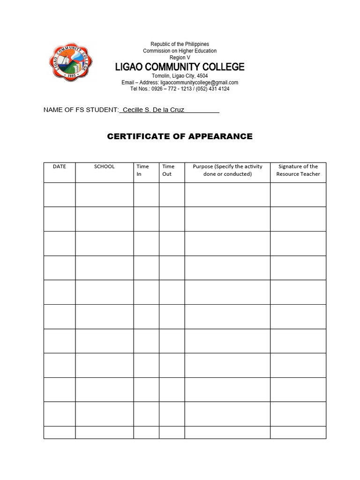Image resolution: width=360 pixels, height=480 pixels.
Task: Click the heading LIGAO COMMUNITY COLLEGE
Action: pyautogui.click(x=180, y=67)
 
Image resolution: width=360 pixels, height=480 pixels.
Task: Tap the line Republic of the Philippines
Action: pyautogui.click(x=180, y=44)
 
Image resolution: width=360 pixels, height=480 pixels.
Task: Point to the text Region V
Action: pyautogui.click(x=180, y=57)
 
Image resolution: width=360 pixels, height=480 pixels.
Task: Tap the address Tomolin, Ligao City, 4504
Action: pyautogui.click(x=180, y=76)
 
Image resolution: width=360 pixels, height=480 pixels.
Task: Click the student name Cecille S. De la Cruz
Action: pyautogui.click(x=153, y=110)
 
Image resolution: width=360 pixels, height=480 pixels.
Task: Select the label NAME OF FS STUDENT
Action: pyautogui.click(x=81, y=110)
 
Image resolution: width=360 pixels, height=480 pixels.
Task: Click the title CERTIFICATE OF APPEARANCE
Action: pyautogui.click(x=180, y=136)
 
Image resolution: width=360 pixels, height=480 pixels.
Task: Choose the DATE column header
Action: pyautogui.click(x=60, y=166)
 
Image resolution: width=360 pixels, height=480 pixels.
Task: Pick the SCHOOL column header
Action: pyautogui.click(x=104, y=166)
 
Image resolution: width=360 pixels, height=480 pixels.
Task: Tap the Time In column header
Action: pyautogui.click(x=142, y=170)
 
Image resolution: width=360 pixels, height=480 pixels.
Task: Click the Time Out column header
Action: pyautogui.click(x=168, y=170)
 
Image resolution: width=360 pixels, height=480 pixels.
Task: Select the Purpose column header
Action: pyautogui.click(x=227, y=170)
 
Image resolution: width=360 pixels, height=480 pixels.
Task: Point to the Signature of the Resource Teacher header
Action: pyautogui.click(x=298, y=170)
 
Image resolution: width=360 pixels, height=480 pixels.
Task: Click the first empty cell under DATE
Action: pyautogui.click(x=60, y=195)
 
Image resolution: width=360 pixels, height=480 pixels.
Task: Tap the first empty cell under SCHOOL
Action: pyautogui.click(x=104, y=195)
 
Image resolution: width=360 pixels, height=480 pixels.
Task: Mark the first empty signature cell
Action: pyautogui.click(x=298, y=195)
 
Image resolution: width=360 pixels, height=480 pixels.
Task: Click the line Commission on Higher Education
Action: pyautogui.click(x=180, y=51)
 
